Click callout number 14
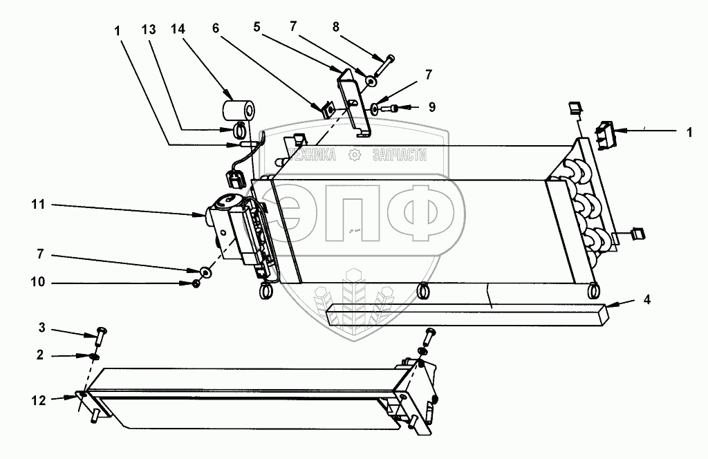click(x=177, y=30)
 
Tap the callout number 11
click(x=37, y=205)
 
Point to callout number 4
click(x=646, y=300)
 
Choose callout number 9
click(x=431, y=107)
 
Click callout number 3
click(x=41, y=326)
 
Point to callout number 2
click(x=41, y=355)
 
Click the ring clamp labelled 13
click(x=239, y=129)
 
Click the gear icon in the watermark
click(x=356, y=156)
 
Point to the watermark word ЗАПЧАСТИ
click(x=399, y=156)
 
